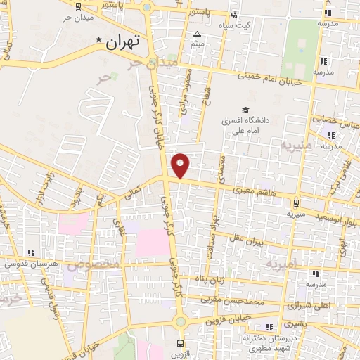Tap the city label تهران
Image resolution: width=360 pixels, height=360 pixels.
123,41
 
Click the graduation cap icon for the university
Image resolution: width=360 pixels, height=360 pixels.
245,110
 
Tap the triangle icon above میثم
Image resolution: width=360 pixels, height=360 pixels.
198,34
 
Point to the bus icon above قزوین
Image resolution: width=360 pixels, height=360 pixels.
181,344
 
